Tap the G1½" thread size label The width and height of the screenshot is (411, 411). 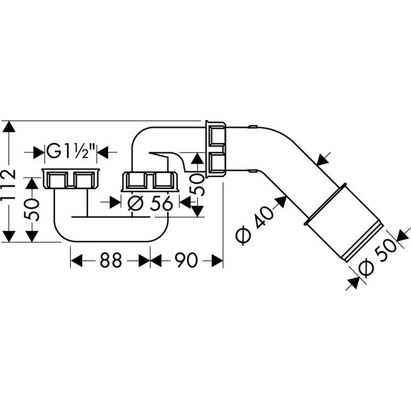coord(71,152)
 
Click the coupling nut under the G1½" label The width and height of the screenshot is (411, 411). coord(71,180)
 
